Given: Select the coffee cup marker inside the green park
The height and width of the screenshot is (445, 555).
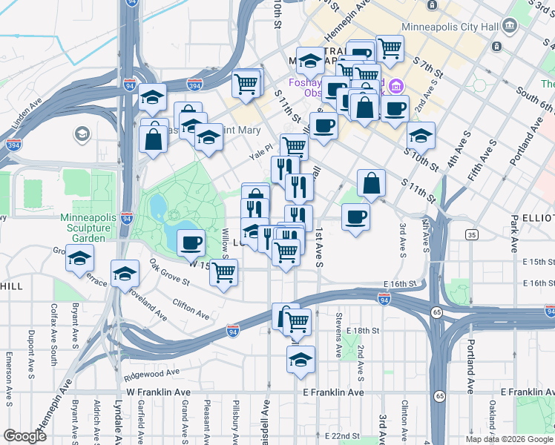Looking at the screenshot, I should pos(191,242).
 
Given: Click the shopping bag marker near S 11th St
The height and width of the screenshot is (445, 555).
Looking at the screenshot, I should pos(371,183).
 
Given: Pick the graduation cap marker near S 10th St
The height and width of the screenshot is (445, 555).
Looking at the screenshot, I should pos(421,136).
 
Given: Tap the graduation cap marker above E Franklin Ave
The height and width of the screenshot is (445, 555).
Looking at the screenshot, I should pos(301,360).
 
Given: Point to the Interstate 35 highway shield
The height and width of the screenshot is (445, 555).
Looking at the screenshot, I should pos(472,235).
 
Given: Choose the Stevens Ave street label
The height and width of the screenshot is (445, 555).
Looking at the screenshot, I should pos(338,323).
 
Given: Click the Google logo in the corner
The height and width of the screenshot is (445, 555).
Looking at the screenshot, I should pos(24,436).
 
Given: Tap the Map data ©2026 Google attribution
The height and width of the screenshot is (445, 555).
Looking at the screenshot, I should pos(508,439).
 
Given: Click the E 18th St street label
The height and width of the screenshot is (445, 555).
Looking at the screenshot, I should pos(363,329).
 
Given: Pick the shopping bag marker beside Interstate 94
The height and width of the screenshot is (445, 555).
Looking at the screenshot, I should pos(153,138).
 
